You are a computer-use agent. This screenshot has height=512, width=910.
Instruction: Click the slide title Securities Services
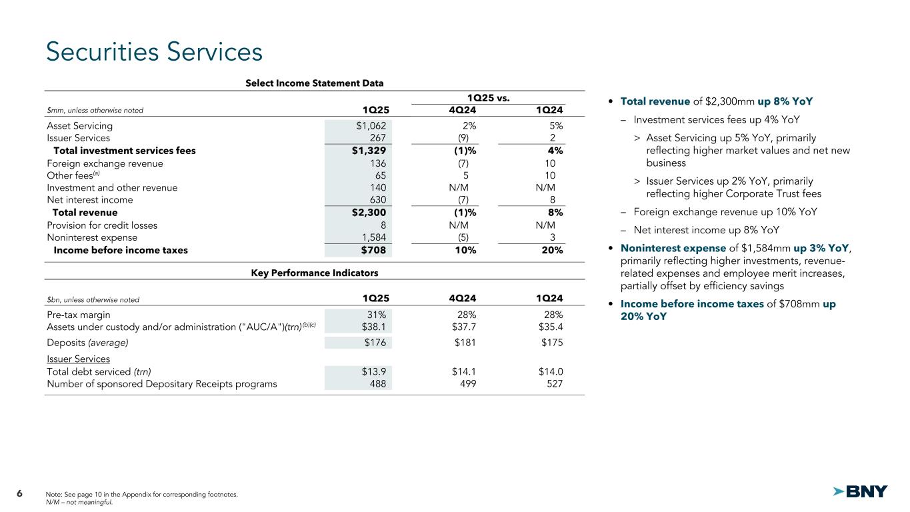point(154,53)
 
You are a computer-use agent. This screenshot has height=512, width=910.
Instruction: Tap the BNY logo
point(860,492)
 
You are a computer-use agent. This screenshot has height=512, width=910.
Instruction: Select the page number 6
point(19,493)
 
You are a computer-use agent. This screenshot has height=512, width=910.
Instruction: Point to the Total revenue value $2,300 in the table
point(369,213)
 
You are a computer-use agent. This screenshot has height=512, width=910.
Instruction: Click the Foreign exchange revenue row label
point(105,163)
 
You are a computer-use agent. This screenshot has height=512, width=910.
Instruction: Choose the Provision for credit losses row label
point(102,225)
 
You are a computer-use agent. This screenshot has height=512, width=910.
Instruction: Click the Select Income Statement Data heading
point(314,83)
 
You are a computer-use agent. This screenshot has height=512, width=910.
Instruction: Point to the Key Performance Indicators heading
point(314,273)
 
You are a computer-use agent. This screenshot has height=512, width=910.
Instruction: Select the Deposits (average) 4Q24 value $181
point(463,343)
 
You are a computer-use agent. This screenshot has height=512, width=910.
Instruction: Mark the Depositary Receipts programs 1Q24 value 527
point(554,384)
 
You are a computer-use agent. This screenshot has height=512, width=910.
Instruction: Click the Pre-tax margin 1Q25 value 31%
point(376,315)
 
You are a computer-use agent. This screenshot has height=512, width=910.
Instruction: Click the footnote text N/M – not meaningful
point(81,502)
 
